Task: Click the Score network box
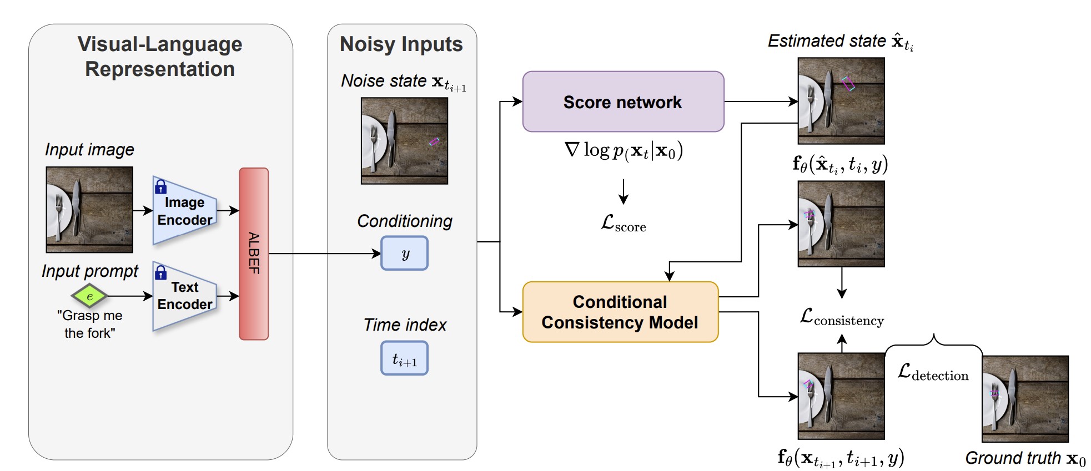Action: pyautogui.click(x=623, y=102)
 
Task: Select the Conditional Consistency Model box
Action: pyautogui.click(x=620, y=312)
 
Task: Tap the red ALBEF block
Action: pyautogui.click(x=254, y=254)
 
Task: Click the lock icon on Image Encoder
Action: pyautogui.click(x=161, y=186)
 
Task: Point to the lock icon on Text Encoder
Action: pyautogui.click(x=161, y=272)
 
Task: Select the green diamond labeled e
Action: pyautogui.click(x=89, y=296)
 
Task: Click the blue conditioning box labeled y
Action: pyautogui.click(x=404, y=254)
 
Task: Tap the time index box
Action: pyautogui.click(x=404, y=358)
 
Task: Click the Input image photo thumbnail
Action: pyautogui.click(x=89, y=210)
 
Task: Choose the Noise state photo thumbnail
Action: pyautogui.click(x=404, y=141)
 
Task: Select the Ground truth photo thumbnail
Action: pyautogui.click(x=1025, y=399)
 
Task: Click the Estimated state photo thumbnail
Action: pyautogui.click(x=841, y=101)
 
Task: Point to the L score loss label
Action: pyautogui.click(x=624, y=223)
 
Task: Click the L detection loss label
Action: pyautogui.click(x=933, y=372)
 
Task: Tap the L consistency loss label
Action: pyautogui.click(x=842, y=317)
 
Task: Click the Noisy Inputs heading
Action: pyautogui.click(x=401, y=44)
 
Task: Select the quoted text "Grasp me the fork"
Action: pyautogui.click(x=89, y=324)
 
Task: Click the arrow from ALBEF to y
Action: pyautogui.click(x=325, y=254)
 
